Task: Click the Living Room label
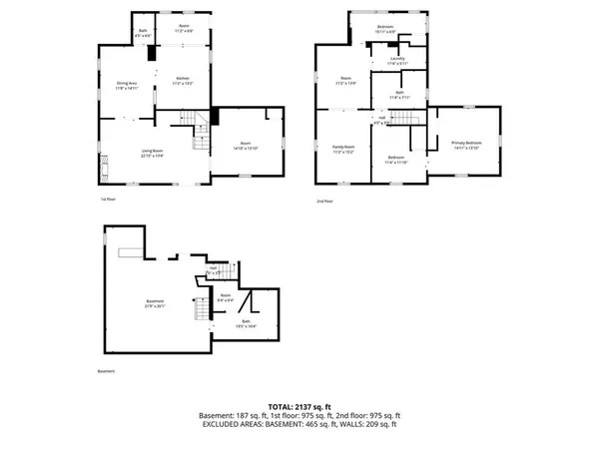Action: pos(152,152)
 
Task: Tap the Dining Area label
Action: pos(127,85)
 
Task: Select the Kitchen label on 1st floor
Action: pos(183,80)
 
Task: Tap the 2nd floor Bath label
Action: pos(399,96)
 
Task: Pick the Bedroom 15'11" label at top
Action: pos(385,29)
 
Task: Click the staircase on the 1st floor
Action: pos(198,126)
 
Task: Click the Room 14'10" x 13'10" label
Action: pos(245,146)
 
